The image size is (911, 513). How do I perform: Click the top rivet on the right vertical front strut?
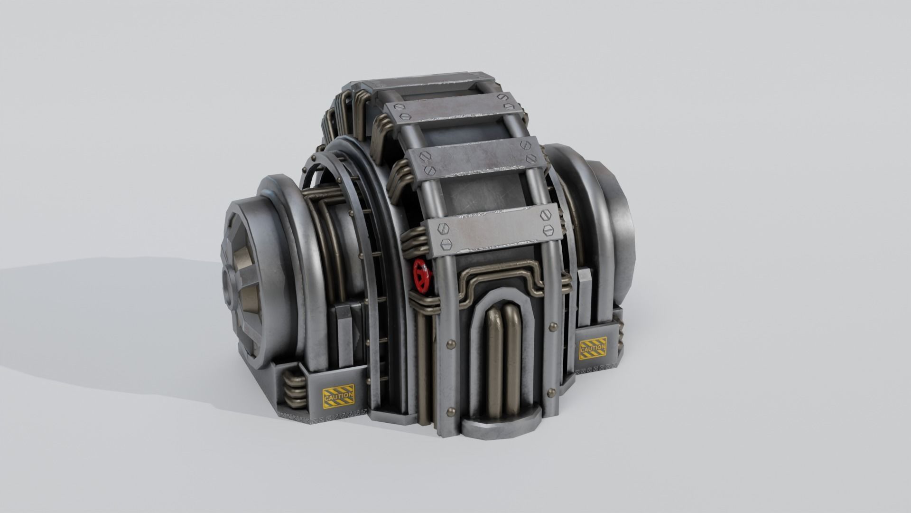[x=553, y=326]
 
